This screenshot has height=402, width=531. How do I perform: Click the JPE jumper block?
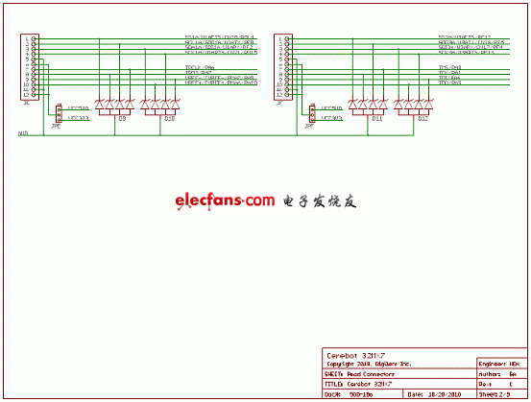tap(59, 114)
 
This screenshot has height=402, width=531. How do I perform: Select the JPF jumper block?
tap(312, 114)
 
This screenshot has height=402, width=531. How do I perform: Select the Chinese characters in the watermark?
tap(320, 201)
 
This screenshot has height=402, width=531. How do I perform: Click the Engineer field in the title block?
tap(500, 365)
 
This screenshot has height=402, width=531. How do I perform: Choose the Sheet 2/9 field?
tap(500, 393)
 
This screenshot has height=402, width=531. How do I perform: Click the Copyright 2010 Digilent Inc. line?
tap(368, 365)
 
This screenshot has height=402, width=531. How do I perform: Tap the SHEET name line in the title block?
tap(368, 374)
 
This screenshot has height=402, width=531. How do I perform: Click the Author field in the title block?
tap(500, 374)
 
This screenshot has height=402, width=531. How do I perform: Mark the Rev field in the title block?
tap(500, 384)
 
